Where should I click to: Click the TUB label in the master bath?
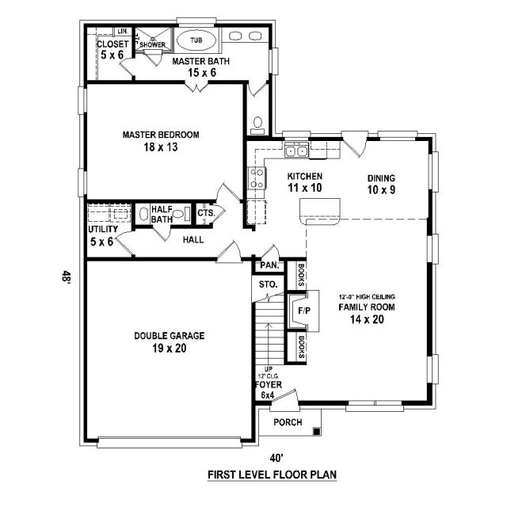(196, 40)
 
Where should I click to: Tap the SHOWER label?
(153, 44)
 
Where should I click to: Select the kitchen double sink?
(296, 151)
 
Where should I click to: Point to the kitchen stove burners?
(257, 178)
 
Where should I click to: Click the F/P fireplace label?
(304, 311)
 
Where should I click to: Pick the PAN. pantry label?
(269, 265)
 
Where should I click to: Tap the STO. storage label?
(268, 284)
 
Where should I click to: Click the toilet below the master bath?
(257, 125)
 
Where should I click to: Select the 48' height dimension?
(66, 277)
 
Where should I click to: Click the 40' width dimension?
(277, 458)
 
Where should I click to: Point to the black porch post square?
(317, 432)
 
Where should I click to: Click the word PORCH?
(288, 422)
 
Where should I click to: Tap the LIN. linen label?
(123, 32)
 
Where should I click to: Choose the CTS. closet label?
(206, 213)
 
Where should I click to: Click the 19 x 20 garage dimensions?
(170, 349)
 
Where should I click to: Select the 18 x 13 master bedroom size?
(161, 147)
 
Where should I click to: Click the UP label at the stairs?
(269, 369)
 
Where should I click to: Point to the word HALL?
(193, 239)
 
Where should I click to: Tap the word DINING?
(381, 178)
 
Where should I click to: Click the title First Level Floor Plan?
(272, 475)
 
